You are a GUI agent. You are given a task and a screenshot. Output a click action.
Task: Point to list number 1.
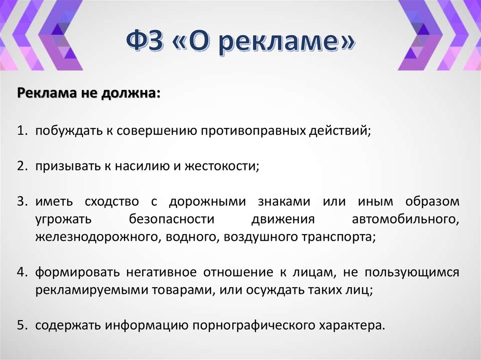coord(23,130)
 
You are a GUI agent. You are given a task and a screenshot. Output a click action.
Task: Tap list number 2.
coord(23,166)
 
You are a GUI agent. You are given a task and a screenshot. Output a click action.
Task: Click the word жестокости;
coord(223,166)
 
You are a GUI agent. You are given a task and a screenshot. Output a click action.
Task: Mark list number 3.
coord(23,202)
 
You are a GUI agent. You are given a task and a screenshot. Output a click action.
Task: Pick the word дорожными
coord(207,202)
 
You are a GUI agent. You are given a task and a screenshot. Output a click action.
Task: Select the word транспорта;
coord(341,237)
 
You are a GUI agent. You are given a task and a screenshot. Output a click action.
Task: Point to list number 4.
coord(23,273)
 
